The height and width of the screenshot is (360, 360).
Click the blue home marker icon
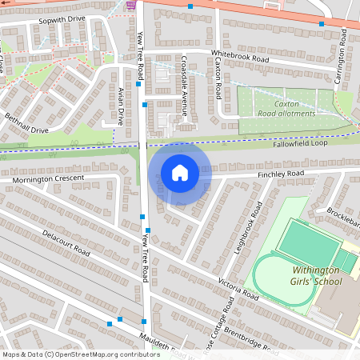pyautogui.click(x=180, y=172)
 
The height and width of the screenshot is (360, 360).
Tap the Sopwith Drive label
pyautogui.click(x=61, y=18)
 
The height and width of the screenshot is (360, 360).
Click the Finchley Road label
pyautogui.click(x=281, y=174)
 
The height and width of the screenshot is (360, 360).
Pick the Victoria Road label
pyautogui.click(x=239, y=289)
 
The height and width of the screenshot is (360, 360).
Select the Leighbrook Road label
pyautogui.click(x=250, y=228)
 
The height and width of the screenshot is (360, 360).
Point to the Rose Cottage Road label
pyautogui.click(x=222, y=328)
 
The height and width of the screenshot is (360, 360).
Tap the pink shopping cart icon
pyautogui.click(x=130, y=4)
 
